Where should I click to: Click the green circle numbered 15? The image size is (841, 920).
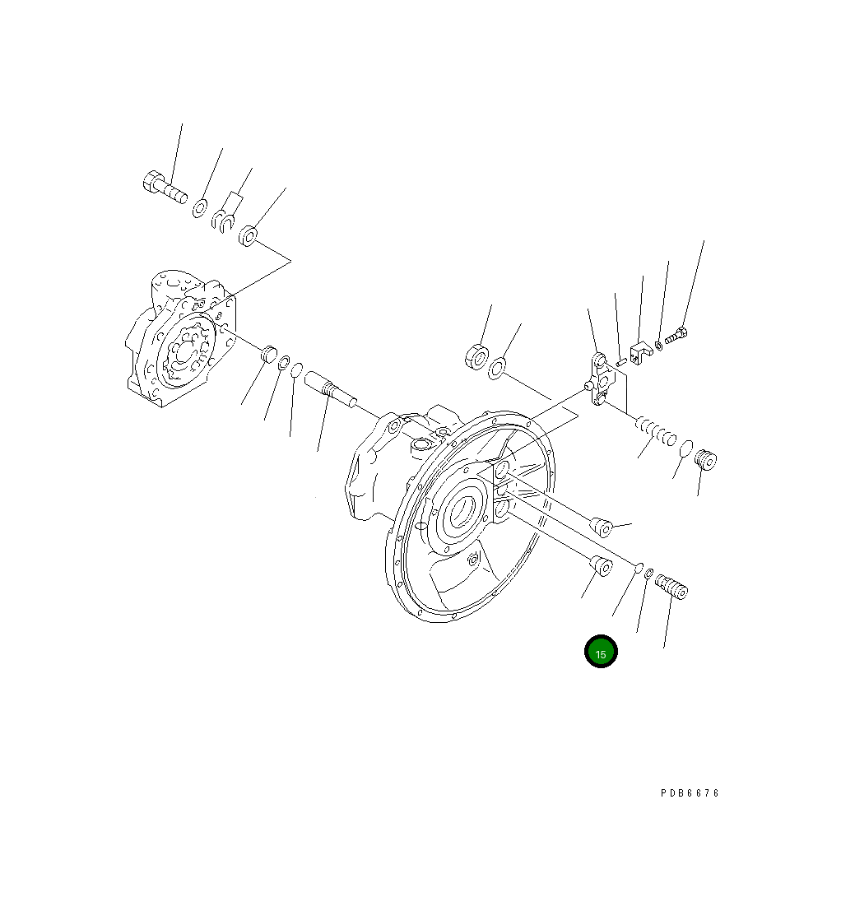click(x=601, y=653)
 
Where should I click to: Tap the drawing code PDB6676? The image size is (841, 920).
click(x=690, y=793)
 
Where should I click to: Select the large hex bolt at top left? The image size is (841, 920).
click(x=164, y=187)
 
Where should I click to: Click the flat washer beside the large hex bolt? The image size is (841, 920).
click(x=200, y=209)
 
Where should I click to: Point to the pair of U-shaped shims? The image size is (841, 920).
click(x=223, y=220)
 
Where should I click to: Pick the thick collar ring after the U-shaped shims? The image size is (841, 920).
click(x=249, y=236)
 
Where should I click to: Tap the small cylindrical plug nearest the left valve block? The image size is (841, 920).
click(x=267, y=355)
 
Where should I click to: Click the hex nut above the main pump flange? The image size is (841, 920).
click(x=476, y=357)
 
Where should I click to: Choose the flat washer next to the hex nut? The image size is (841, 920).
click(x=497, y=369)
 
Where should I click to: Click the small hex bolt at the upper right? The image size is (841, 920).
click(x=676, y=336)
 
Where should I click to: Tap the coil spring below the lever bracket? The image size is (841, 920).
click(x=656, y=430)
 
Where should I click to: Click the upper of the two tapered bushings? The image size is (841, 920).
click(x=601, y=527)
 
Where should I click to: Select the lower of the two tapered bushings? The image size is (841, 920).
click(x=602, y=566)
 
